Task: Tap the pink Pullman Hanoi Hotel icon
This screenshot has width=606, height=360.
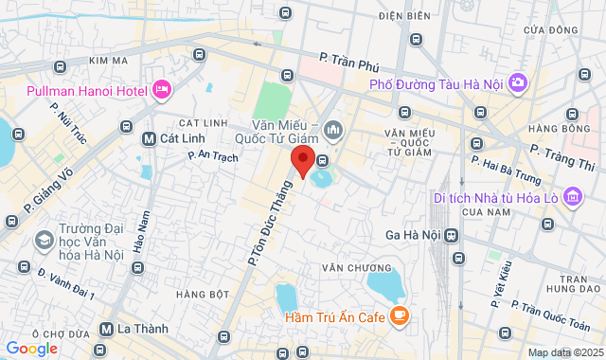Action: [x=161, y=90]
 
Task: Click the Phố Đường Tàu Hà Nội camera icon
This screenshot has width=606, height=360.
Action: [x=517, y=83]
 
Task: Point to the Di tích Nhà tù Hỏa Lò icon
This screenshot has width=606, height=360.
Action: [x=571, y=197]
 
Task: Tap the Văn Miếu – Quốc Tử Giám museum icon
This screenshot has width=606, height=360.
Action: [x=331, y=129]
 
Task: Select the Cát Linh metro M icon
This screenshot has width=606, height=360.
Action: [x=148, y=138]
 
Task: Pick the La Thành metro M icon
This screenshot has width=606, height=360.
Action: [x=107, y=330]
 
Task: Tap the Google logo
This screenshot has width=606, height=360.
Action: [x=31, y=349]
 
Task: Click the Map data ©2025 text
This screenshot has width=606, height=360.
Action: [x=563, y=352]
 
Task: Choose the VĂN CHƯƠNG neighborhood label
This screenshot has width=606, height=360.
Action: [x=344, y=268]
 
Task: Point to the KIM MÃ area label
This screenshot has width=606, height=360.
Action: [x=108, y=61]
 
